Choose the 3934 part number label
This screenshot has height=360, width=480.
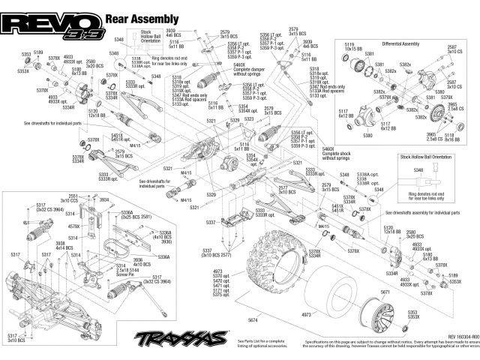click(x=104, y=199)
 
